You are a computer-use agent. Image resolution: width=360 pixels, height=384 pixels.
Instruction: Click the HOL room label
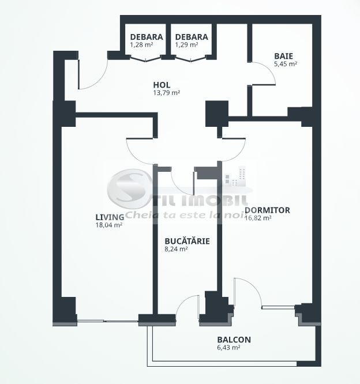(162, 85)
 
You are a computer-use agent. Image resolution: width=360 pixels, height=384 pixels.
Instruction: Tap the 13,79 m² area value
(166, 92)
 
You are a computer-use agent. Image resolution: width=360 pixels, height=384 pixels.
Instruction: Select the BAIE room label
(283, 56)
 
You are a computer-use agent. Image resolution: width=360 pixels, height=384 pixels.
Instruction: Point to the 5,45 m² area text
(286, 64)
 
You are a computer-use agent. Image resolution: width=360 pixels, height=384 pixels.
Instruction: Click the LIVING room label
(110, 217)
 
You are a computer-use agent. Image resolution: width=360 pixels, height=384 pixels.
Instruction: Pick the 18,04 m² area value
(110, 225)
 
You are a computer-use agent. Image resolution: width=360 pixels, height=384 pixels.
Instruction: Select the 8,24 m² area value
(176, 249)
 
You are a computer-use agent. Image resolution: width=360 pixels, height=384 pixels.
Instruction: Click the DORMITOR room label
(267, 210)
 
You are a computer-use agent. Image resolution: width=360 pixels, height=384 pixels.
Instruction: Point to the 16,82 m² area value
(258, 218)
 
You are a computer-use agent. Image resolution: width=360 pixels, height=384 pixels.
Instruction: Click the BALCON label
(234, 340)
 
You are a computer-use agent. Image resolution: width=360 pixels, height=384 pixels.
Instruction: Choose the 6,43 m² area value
(228, 348)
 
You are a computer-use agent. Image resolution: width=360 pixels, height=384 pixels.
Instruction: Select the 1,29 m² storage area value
(187, 44)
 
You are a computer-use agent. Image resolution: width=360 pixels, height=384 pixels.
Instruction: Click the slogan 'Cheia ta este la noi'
(186, 215)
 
